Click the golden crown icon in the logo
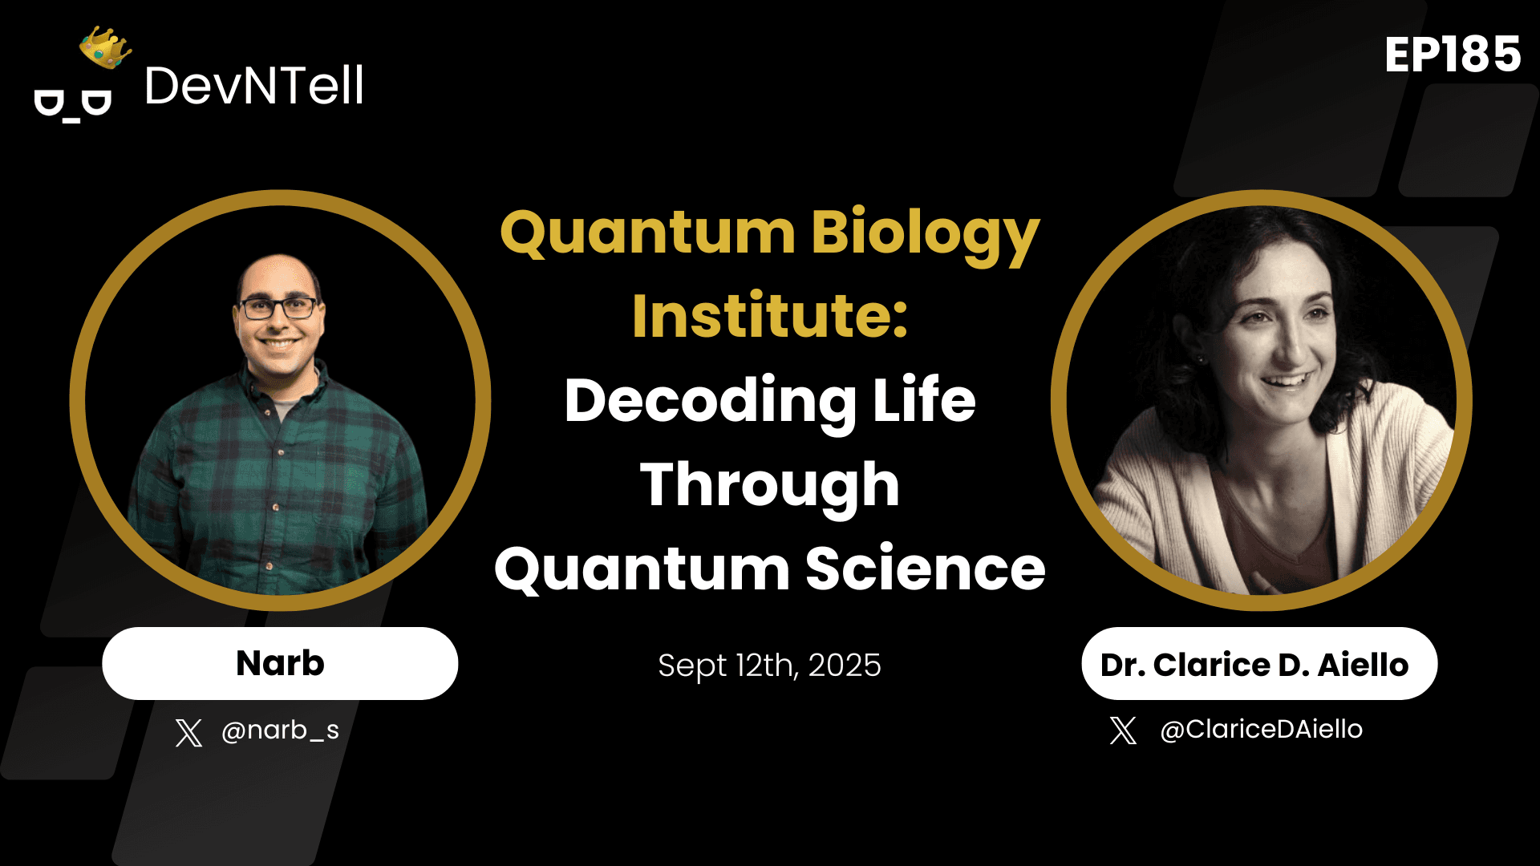pos(105,48)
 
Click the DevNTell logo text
pos(254,86)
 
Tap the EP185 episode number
pos(1452,55)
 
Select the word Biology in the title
pos(925,233)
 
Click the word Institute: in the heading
pos(770,317)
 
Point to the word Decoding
pos(711,401)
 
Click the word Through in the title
pos(770,485)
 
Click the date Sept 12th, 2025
pos(770,666)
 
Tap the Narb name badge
pos(280,664)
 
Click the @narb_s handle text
pos(280,730)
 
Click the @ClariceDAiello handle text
pos(1261,730)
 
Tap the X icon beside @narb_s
pos(188,732)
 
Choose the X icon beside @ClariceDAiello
pos(1123,730)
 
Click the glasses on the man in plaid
pos(278,309)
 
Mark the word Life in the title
pos(924,401)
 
